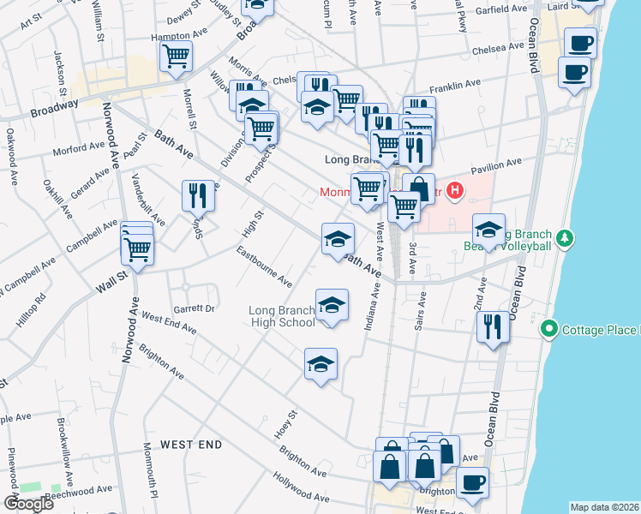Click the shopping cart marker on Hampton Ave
click(x=176, y=57)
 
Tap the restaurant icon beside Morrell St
click(x=198, y=195)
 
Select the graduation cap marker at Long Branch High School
click(x=332, y=305)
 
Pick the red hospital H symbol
click(x=456, y=191)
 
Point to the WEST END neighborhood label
click(x=191, y=445)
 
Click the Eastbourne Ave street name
click(x=265, y=266)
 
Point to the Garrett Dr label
click(x=193, y=308)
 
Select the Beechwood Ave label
click(x=79, y=490)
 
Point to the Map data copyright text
click(x=604, y=507)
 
